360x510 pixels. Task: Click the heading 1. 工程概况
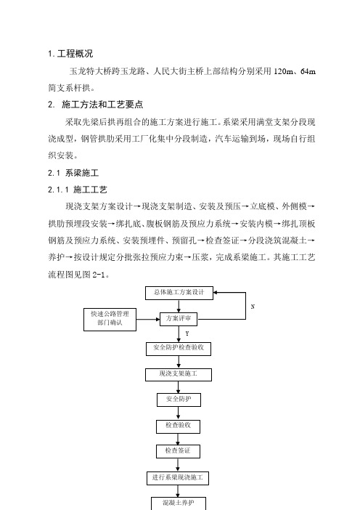(x=70, y=54)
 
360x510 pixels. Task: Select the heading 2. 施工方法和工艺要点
(x=96, y=105)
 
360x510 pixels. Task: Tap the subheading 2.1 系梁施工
(x=73, y=173)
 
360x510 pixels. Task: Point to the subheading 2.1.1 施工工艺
(x=78, y=190)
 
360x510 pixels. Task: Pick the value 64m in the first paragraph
(x=308, y=71)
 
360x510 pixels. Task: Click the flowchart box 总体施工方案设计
(x=179, y=293)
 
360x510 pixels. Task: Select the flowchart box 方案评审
(x=179, y=319)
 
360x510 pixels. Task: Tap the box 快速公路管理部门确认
(x=110, y=320)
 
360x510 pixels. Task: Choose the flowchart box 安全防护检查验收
(x=179, y=349)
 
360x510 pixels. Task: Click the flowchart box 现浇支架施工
(x=179, y=374)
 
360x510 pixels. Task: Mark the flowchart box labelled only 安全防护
(x=179, y=400)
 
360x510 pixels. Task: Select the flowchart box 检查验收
(x=178, y=426)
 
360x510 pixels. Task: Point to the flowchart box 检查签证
(x=178, y=451)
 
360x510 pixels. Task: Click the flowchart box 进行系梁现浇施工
(x=178, y=478)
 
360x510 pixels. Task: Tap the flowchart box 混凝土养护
(x=179, y=503)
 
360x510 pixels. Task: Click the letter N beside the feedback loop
(x=253, y=307)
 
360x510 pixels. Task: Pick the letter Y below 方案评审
(x=187, y=333)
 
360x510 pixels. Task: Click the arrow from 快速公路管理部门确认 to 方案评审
(x=148, y=320)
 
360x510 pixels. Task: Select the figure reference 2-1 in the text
(x=99, y=275)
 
